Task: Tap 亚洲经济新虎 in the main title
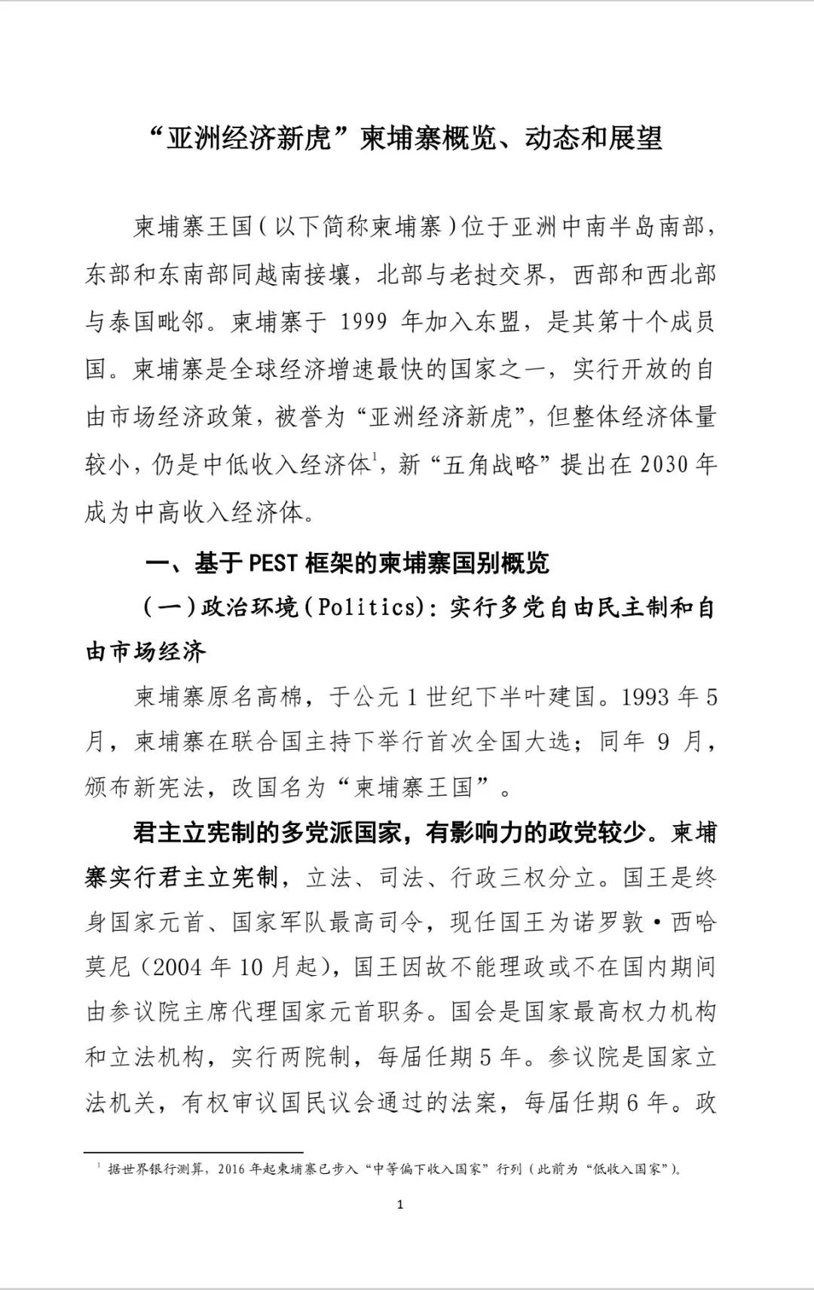(249, 139)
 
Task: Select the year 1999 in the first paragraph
(365, 322)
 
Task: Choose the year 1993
(645, 696)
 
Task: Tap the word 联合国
(256, 742)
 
